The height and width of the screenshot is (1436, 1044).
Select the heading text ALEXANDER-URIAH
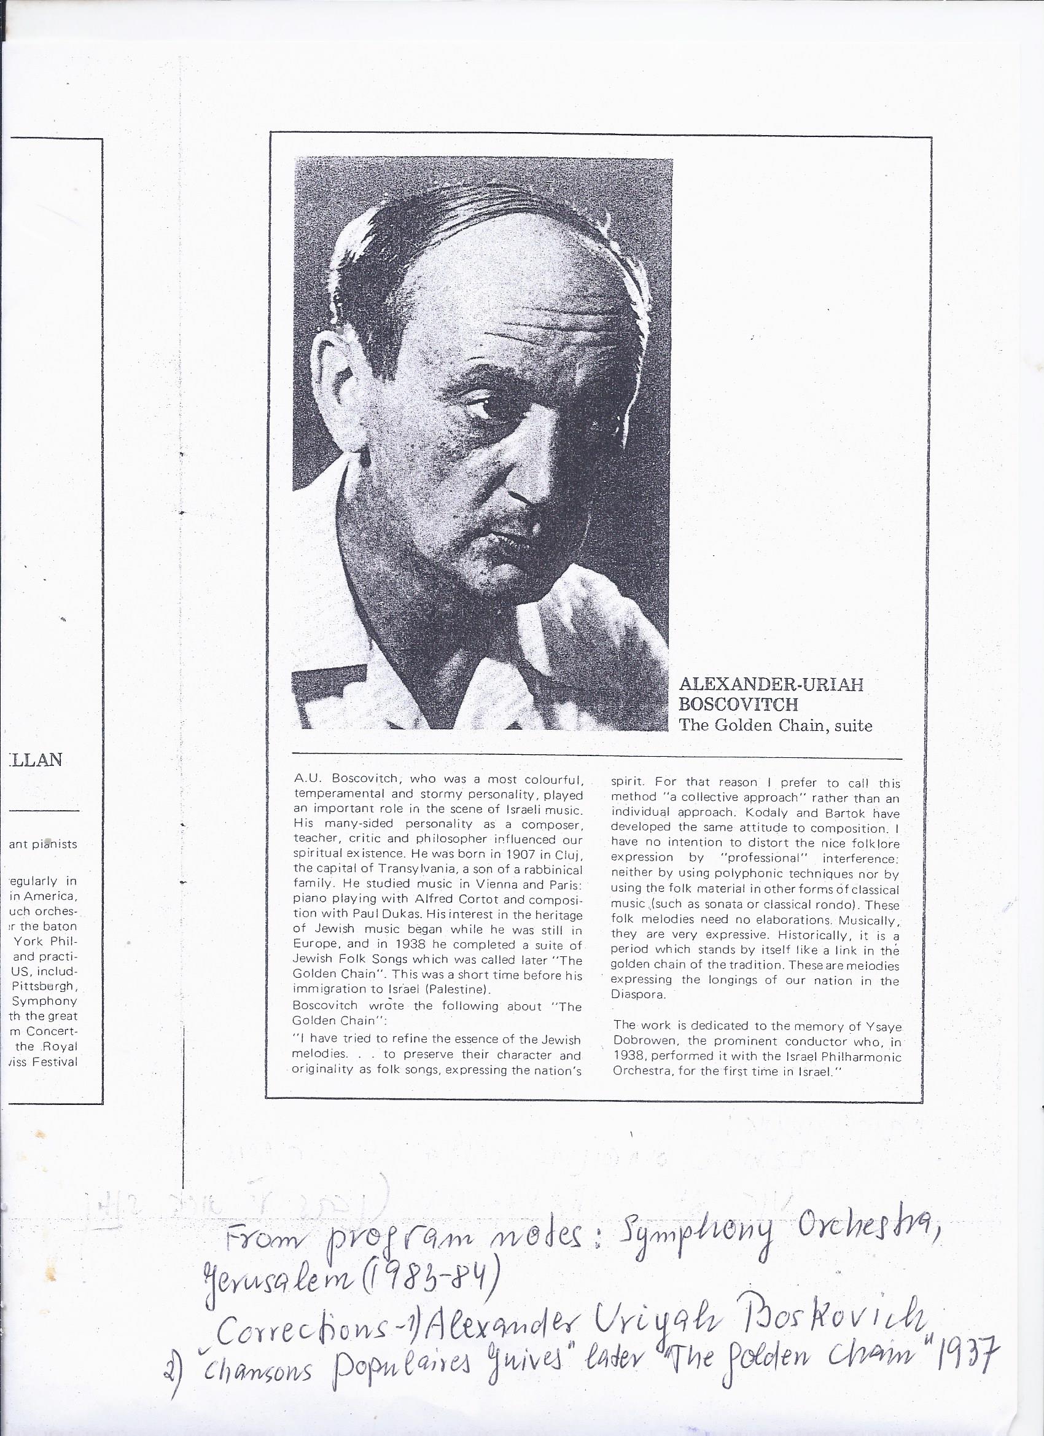click(x=771, y=684)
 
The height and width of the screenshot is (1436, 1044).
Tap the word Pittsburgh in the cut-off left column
click(x=44, y=986)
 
